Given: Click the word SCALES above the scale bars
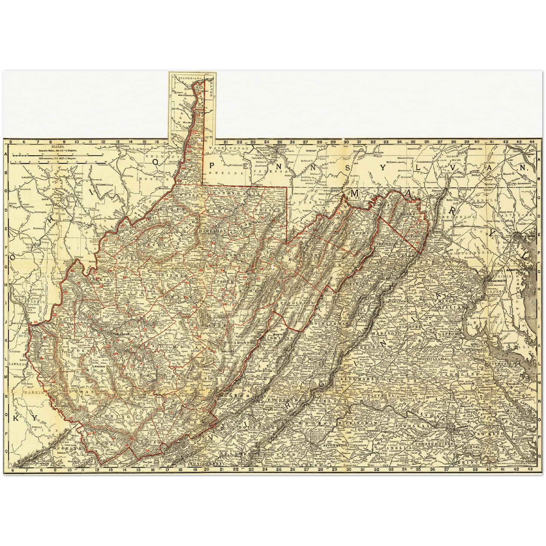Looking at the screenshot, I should click(x=58, y=146).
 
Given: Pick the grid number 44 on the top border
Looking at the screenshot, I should click(x=532, y=142).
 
